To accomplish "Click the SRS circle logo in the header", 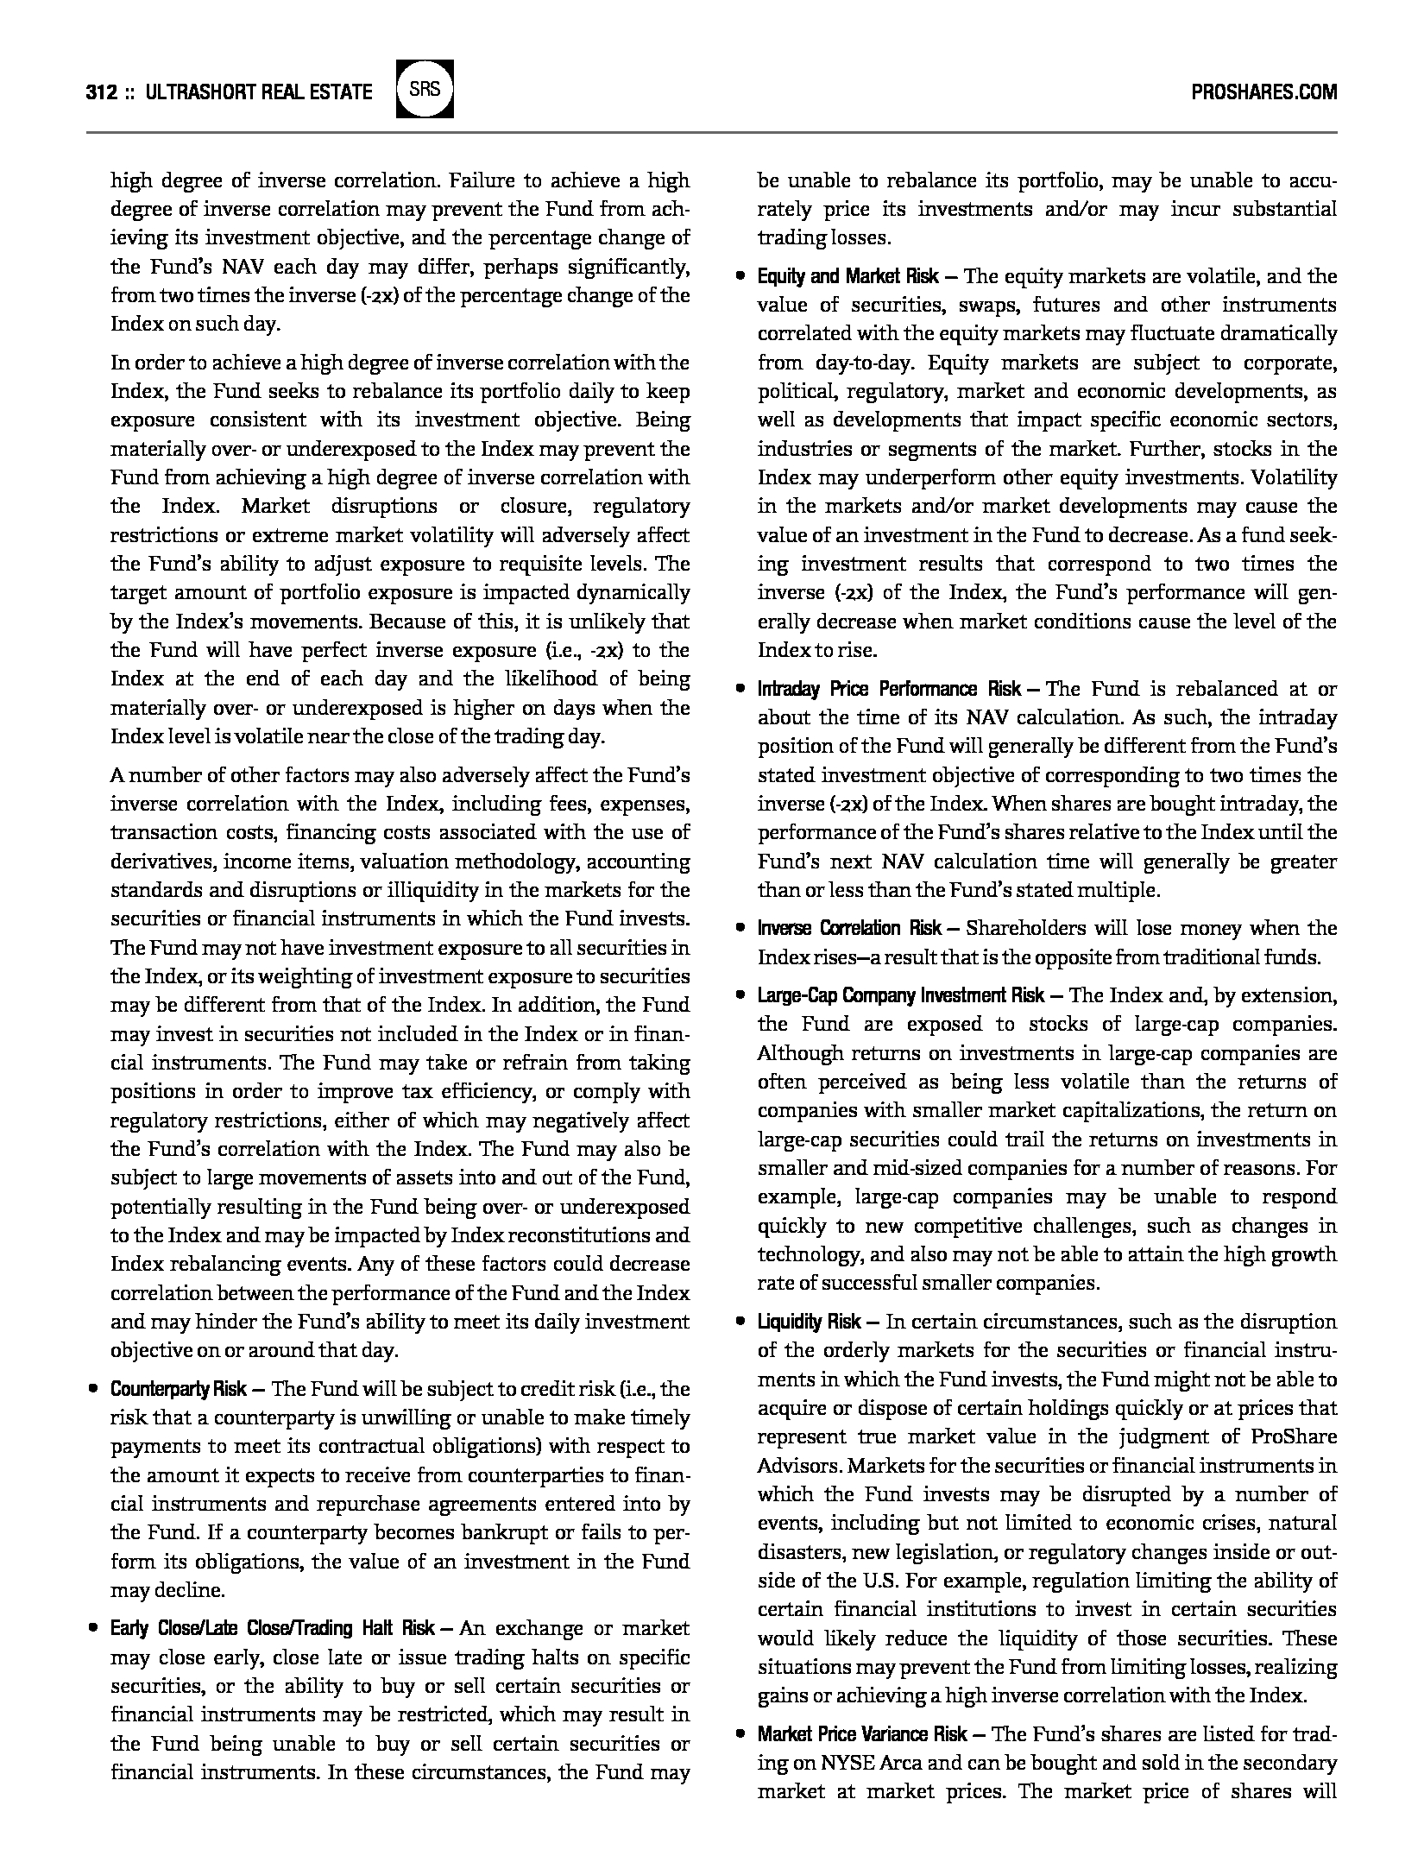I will pyautogui.click(x=424, y=89).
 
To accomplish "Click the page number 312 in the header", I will pyautogui.click(x=102, y=92).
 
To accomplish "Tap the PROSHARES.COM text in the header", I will pyautogui.click(x=1263, y=92).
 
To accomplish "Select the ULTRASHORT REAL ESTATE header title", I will pyautogui.click(x=260, y=92).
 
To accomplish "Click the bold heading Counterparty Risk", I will pyautogui.click(x=179, y=1389).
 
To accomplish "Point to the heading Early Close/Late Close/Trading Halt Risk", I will pyautogui.click(x=272, y=1628).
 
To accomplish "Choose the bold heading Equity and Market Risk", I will pyautogui.click(x=847, y=276).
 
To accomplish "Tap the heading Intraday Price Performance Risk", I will pyautogui.click(x=889, y=689).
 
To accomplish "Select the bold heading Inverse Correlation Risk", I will pyautogui.click(x=849, y=928).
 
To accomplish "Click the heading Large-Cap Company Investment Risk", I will pyautogui.click(x=900, y=995).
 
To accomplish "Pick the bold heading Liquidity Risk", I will pyautogui.click(x=809, y=1322).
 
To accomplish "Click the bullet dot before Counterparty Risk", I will pyautogui.click(x=92, y=1389).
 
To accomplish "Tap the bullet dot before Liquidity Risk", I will pyautogui.click(x=740, y=1322).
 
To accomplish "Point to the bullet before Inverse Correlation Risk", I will pyautogui.click(x=740, y=928).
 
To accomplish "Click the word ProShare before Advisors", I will pyautogui.click(x=1293, y=1436).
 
